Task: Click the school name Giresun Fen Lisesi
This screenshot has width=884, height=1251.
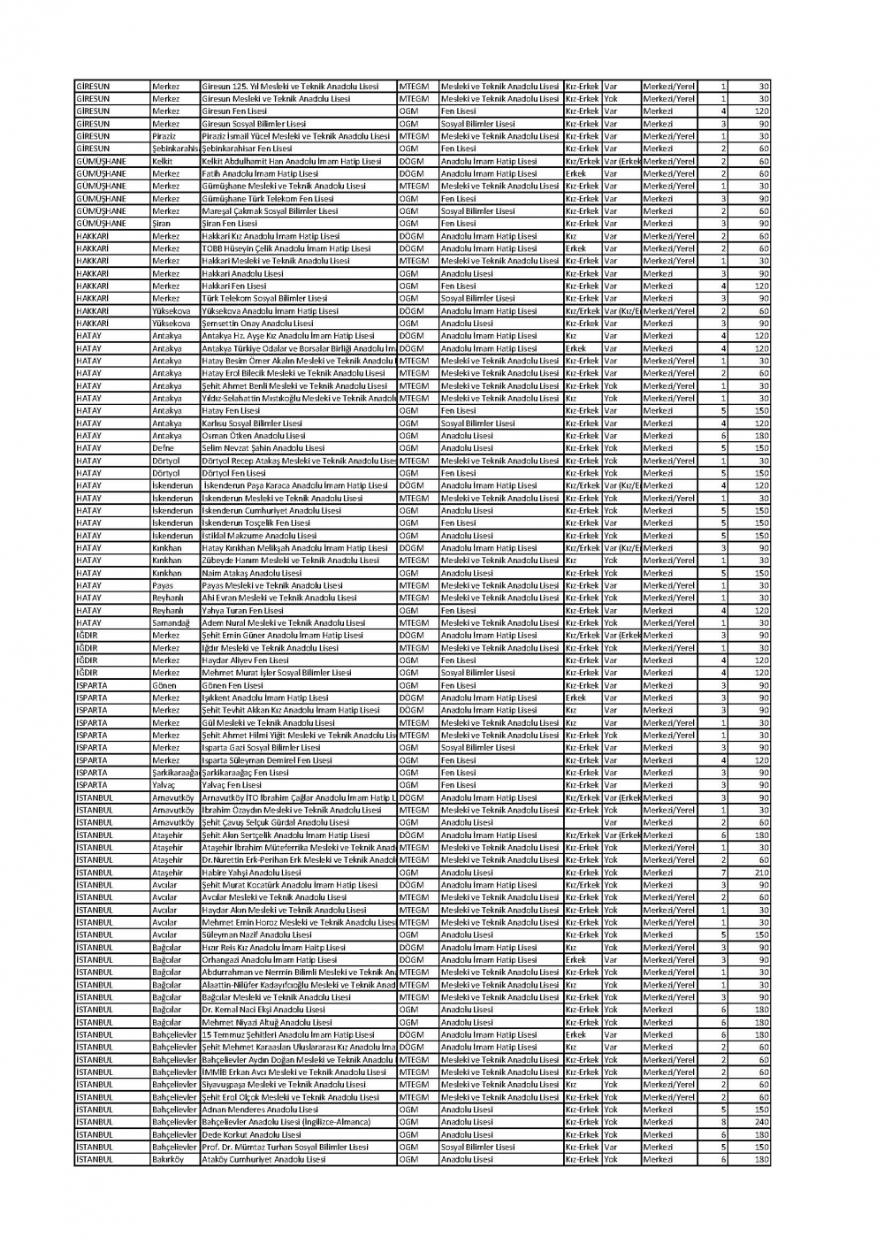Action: tap(234, 111)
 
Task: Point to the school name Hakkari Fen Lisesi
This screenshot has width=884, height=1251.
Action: tap(234, 286)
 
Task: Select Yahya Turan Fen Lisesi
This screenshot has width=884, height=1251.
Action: tap(243, 611)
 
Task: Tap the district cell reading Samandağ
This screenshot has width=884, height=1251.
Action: tap(171, 623)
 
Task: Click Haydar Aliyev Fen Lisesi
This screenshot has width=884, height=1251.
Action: tap(245, 660)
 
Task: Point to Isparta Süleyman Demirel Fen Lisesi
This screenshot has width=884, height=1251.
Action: tap(267, 760)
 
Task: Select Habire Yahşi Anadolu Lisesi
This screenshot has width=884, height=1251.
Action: tap(252, 873)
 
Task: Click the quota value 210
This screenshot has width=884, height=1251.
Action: tap(761, 873)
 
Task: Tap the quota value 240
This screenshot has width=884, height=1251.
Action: tap(761, 1122)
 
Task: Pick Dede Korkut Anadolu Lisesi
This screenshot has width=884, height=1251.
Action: tap(252, 1134)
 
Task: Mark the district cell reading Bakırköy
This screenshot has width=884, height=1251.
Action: tap(168, 1159)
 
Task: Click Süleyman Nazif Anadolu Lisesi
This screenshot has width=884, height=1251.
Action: tap(257, 934)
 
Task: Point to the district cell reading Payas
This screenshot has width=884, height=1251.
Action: tap(163, 585)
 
